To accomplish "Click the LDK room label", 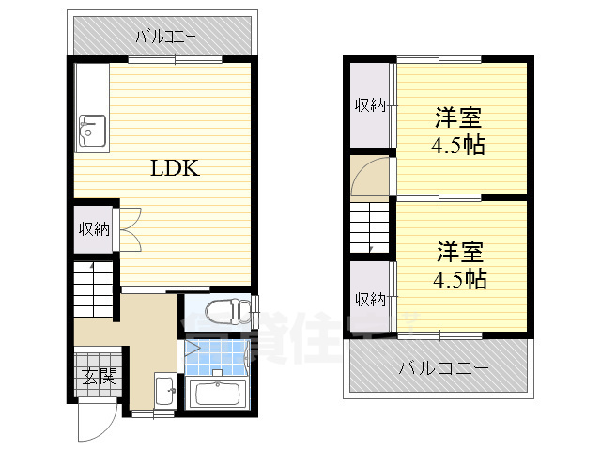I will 175,169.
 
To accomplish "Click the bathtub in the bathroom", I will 217,393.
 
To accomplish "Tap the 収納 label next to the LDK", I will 94,228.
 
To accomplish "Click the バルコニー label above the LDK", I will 164,38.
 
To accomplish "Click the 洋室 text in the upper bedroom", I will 458,119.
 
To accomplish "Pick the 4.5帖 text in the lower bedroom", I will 458,279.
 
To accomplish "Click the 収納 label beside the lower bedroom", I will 370,299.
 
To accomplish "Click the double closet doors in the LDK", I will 130,228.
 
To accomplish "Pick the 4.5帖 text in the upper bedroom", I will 458,147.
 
